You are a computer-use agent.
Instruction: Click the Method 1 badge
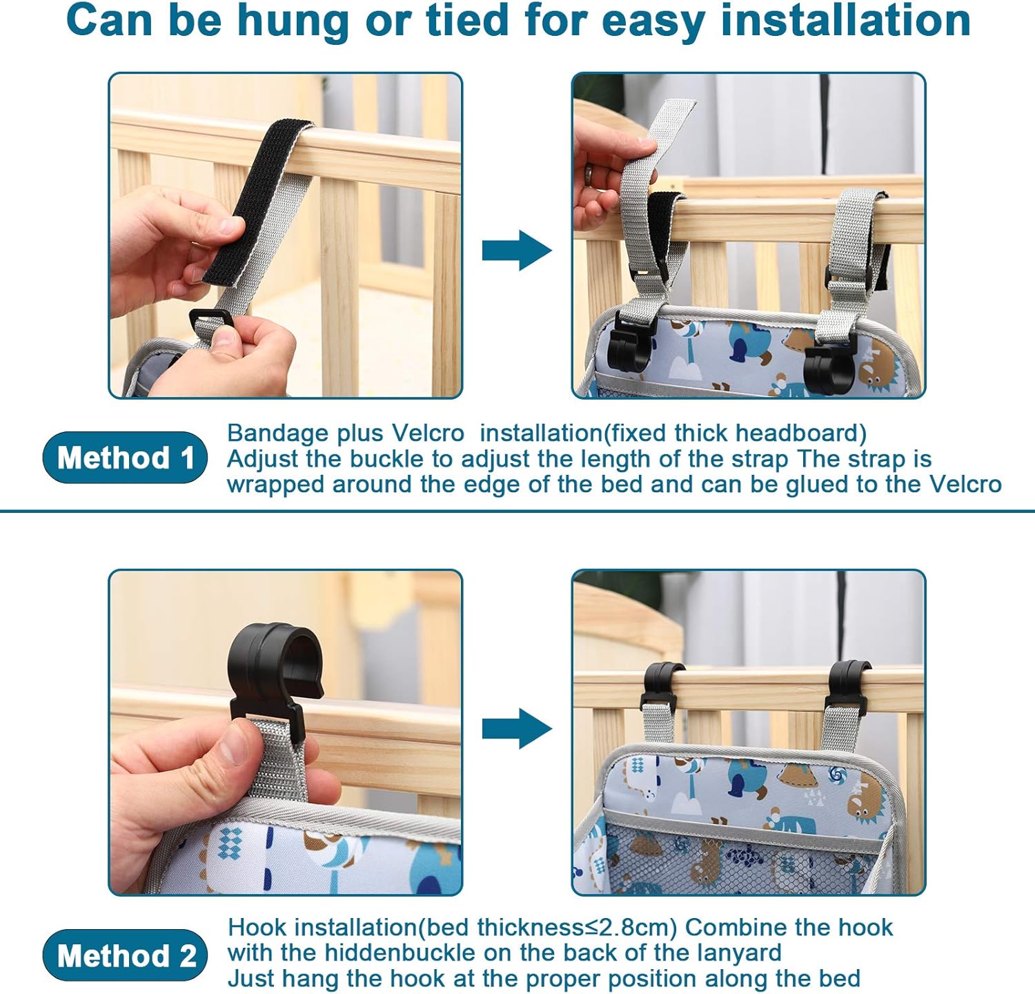click(x=125, y=457)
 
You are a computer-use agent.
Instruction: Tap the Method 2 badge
click(x=125, y=955)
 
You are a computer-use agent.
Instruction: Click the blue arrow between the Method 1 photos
click(x=517, y=251)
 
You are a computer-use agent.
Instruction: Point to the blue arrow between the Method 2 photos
click(x=517, y=728)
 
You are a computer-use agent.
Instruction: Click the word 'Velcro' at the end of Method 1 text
click(x=965, y=484)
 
